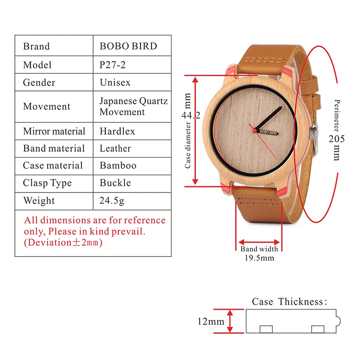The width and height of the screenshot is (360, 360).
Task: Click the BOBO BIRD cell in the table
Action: tap(129, 46)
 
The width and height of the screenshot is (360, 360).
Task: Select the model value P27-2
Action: tap(112, 65)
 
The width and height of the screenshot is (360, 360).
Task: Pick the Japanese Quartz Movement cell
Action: tap(134, 107)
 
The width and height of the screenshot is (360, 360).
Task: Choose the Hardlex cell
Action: tap(117, 131)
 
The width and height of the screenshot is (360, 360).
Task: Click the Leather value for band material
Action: tap(115, 148)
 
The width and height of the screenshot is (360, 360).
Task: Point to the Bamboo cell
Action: tap(118, 166)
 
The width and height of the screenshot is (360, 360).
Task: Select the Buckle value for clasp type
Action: tap(115, 183)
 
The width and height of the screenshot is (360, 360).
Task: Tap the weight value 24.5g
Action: tap(112, 201)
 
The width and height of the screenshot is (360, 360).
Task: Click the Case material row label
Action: tap(53, 166)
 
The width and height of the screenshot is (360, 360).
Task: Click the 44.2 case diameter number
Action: tap(191, 115)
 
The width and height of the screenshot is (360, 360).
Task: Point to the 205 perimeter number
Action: tap(337, 139)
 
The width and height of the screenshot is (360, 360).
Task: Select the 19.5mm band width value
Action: tap(259, 258)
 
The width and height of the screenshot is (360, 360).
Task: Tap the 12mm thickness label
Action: tap(211, 321)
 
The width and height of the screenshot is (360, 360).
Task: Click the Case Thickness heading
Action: tap(289, 301)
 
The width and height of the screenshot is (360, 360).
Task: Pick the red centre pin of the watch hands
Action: tap(254, 130)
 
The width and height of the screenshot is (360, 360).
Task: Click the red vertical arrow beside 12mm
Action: tap(230, 321)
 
